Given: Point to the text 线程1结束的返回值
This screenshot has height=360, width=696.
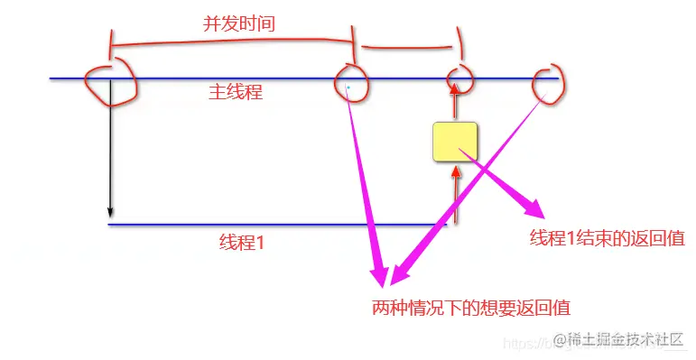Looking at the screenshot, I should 607,238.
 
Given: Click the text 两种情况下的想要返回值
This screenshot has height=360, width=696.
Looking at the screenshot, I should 470,307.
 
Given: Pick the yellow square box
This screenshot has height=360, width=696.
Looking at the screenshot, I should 455,143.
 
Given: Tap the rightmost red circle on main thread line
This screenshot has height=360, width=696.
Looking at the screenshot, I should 547,84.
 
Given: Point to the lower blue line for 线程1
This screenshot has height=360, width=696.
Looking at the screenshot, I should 271,224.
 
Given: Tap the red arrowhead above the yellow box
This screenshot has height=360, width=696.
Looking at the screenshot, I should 456,87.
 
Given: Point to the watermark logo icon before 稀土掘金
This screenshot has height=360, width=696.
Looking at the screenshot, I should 557,339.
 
